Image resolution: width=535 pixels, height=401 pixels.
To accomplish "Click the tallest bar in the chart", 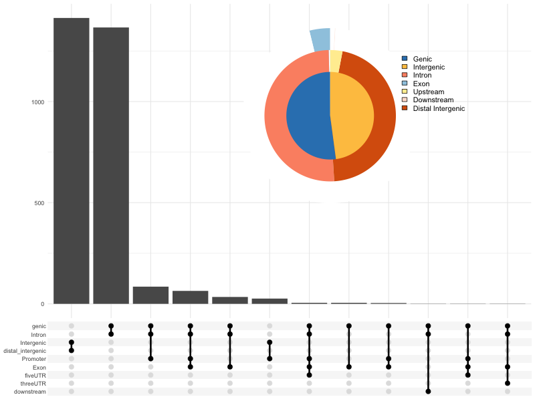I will click(72, 160).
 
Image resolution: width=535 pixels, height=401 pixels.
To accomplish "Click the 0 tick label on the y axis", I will click(42, 304).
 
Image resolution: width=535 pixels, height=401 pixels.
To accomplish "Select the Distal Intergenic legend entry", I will click(438, 108).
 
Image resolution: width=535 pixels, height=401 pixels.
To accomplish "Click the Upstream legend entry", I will click(428, 92).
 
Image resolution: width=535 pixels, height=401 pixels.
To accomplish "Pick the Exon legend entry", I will click(421, 84).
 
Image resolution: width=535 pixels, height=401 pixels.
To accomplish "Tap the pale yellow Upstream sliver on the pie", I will click(336, 61).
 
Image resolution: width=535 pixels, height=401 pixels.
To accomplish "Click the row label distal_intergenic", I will click(25, 351).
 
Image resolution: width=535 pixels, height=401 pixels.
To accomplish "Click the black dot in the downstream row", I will click(428, 392).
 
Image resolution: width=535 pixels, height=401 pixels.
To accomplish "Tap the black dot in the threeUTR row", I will click(508, 383).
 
